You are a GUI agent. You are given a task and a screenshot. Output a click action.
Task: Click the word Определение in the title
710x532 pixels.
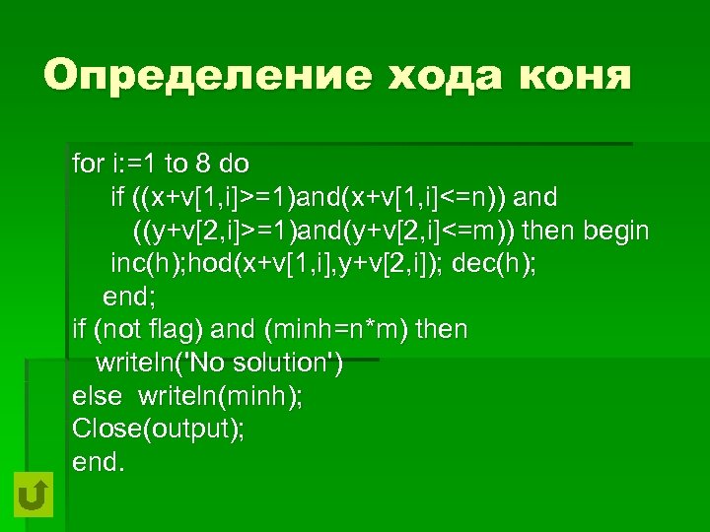187,76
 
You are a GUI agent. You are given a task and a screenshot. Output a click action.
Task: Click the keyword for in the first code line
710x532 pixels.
87,163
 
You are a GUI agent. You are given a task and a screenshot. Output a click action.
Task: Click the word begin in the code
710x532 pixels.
617,232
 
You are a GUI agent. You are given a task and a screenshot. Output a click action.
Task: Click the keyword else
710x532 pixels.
97,397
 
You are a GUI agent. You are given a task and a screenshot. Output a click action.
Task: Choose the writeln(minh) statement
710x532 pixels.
220,397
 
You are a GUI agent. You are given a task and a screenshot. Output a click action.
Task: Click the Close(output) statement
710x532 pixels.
159,430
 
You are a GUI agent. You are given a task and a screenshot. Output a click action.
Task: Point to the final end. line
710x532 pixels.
99,462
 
